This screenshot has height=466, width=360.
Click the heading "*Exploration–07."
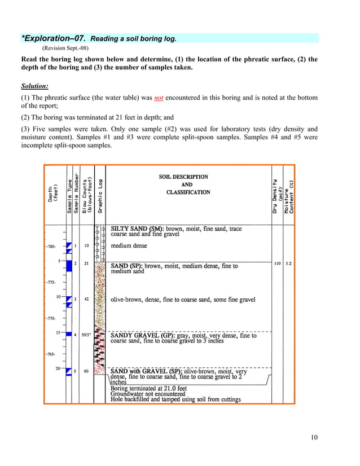tap(54, 38)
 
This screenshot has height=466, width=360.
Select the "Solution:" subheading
tap(34, 86)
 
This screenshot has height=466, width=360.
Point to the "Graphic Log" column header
tap(99, 196)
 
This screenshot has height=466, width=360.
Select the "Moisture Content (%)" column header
tap(288, 196)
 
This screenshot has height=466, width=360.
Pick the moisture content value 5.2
tap(289, 263)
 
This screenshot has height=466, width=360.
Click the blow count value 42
tap(86, 299)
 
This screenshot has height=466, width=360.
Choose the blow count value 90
tap(86, 371)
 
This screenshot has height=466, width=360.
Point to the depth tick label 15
tap(58, 332)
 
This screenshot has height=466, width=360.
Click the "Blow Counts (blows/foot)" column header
tap(86, 196)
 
